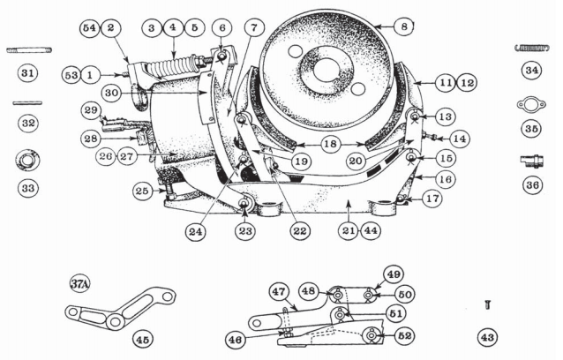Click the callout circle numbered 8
(404, 26)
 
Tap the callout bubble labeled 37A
(80, 284)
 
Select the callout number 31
(27, 73)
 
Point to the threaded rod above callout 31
(29, 50)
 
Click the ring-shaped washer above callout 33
(28, 161)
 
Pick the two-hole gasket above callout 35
(531, 104)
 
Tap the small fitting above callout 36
(532, 161)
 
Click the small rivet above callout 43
(487, 305)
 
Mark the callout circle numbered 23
(245, 231)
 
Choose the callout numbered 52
(405, 336)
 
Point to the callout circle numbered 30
(111, 94)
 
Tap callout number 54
(89, 27)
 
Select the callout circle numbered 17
(432, 199)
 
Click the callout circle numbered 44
(371, 230)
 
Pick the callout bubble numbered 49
(394, 274)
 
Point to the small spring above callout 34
(532, 48)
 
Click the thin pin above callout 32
(27, 103)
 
